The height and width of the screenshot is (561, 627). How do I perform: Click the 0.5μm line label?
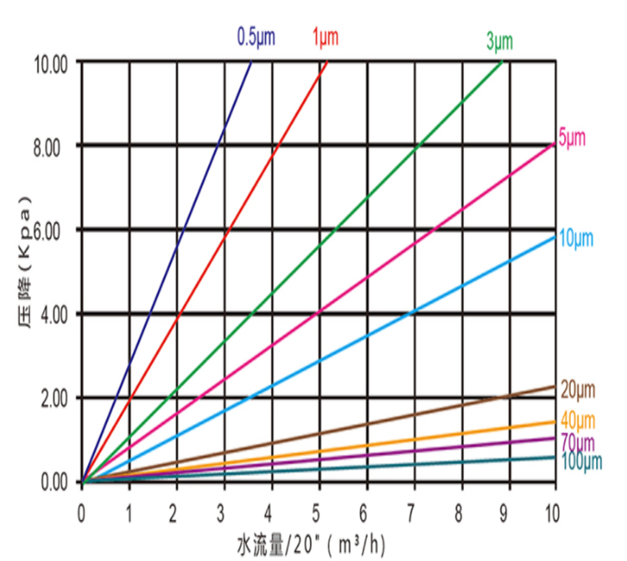(256, 37)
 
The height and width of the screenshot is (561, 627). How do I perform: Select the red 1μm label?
(327, 37)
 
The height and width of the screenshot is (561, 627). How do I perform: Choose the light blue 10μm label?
(575, 239)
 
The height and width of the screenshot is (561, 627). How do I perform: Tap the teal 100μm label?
(578, 461)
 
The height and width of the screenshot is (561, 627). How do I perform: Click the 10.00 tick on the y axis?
(52, 63)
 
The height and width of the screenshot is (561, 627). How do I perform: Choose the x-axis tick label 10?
(551, 509)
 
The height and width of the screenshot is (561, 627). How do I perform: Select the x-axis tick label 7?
(410, 509)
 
